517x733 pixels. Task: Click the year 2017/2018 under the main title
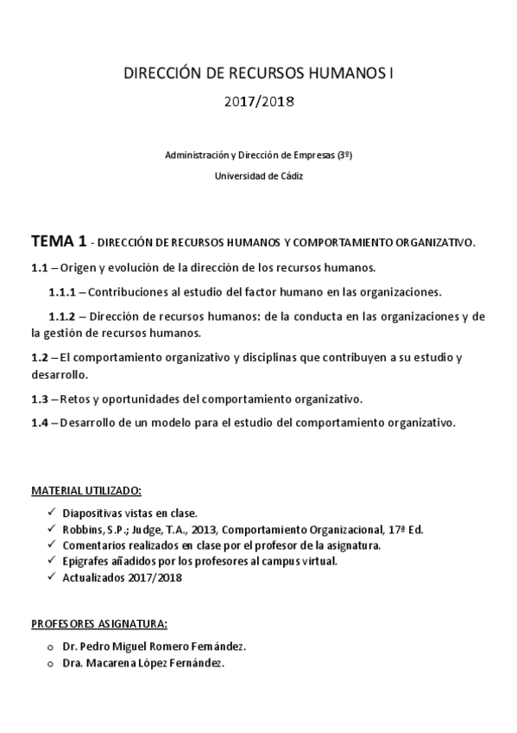pos(259,102)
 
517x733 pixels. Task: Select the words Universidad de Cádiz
pos(259,176)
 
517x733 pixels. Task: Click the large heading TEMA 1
pos(59,240)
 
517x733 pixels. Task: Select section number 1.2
pos(40,357)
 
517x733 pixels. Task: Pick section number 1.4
pos(40,423)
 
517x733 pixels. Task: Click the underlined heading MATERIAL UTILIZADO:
pos(86,491)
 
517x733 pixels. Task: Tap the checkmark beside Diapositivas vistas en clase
pos(51,513)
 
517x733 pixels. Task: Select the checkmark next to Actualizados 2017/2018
pos(51,577)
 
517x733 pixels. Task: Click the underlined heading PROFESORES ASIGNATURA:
pos(99,623)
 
